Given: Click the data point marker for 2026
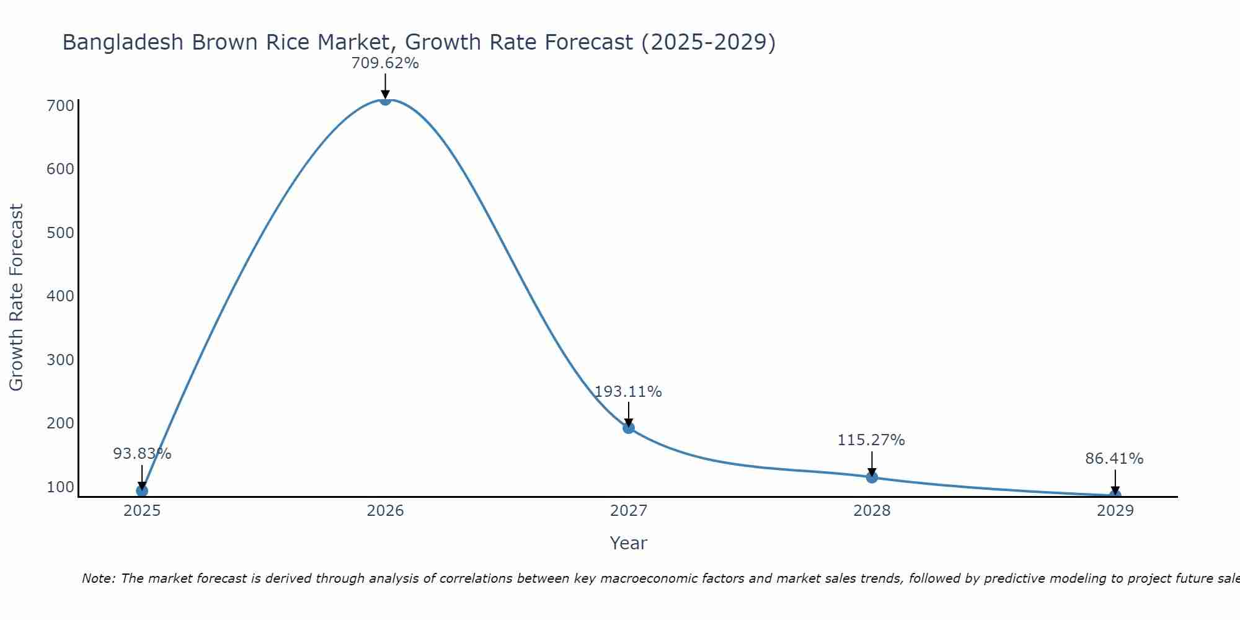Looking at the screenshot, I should pos(385,99).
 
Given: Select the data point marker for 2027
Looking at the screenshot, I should pos(629,427).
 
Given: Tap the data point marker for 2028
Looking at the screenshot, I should pos(872,477).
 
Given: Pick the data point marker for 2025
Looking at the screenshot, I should pos(142,490).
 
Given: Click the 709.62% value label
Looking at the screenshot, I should pos(385,63).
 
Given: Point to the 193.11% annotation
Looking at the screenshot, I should pos(628,392).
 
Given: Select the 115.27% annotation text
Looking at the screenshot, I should pos(871,440).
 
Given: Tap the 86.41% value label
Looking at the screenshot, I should pos(1114,459).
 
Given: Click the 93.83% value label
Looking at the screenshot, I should pos(142,454).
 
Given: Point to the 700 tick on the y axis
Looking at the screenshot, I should pos(60,105).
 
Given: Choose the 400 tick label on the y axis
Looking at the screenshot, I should pos(60,296).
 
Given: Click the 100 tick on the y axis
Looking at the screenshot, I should pos(60,487).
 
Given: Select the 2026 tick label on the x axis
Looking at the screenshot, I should pos(385,511).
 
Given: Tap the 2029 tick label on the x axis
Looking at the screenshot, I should pos(1115,511).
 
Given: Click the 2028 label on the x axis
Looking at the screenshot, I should pos(872,511).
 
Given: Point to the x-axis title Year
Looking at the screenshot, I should pos(628,543).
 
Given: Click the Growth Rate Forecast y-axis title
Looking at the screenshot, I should pos(16,297).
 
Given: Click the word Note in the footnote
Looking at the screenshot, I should pos(97,578).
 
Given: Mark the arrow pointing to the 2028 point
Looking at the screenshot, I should pos(872,463).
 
